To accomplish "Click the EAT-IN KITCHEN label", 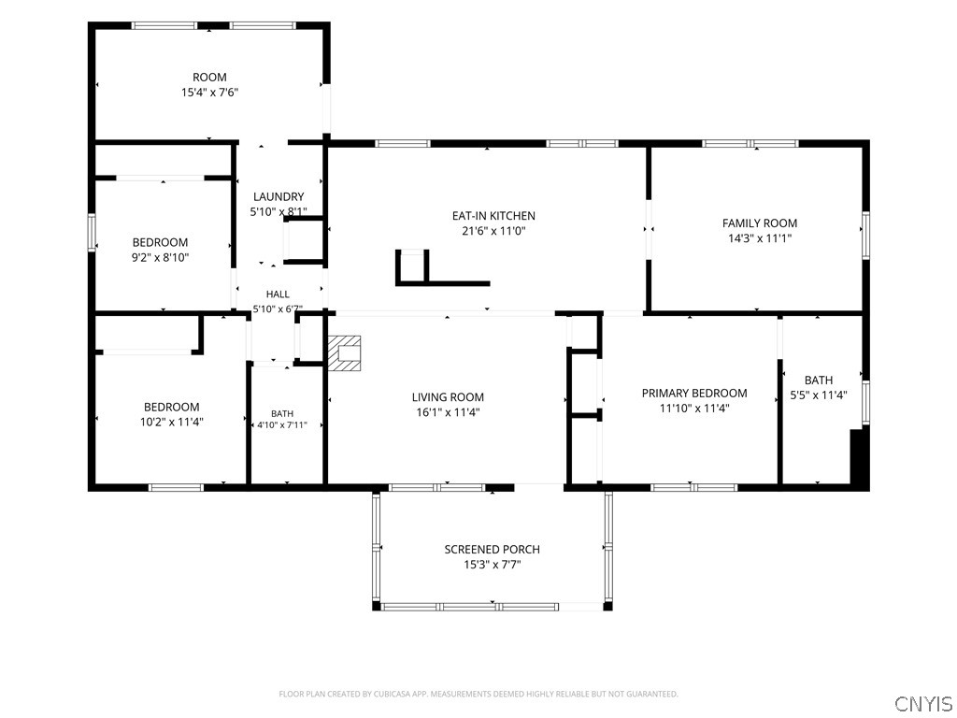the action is pos(493,216).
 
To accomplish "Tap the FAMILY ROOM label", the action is pos(759,223).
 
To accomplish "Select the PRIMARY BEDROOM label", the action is pos(694,393).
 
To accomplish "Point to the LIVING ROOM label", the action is pos(448,396).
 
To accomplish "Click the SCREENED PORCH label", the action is pos(492,549).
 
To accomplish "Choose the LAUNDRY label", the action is pos(279,196).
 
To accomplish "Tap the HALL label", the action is pos(278,294).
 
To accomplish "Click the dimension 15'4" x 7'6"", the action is pos(209,93).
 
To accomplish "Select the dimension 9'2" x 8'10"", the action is pos(160,257).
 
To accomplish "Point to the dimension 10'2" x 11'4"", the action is pos(172,422).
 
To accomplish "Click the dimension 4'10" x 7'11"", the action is pos(282,425).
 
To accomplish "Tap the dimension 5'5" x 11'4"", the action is pos(819,395).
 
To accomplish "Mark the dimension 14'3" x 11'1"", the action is pos(759,238).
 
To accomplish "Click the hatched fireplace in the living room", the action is pos(344,352).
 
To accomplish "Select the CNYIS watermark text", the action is pos(923,703).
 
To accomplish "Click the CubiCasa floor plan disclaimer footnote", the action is pos(478,694).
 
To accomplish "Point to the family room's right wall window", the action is pos(865,235).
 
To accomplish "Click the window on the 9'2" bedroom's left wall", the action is pos(92,232).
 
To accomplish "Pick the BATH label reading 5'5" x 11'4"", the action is pos(819,380).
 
